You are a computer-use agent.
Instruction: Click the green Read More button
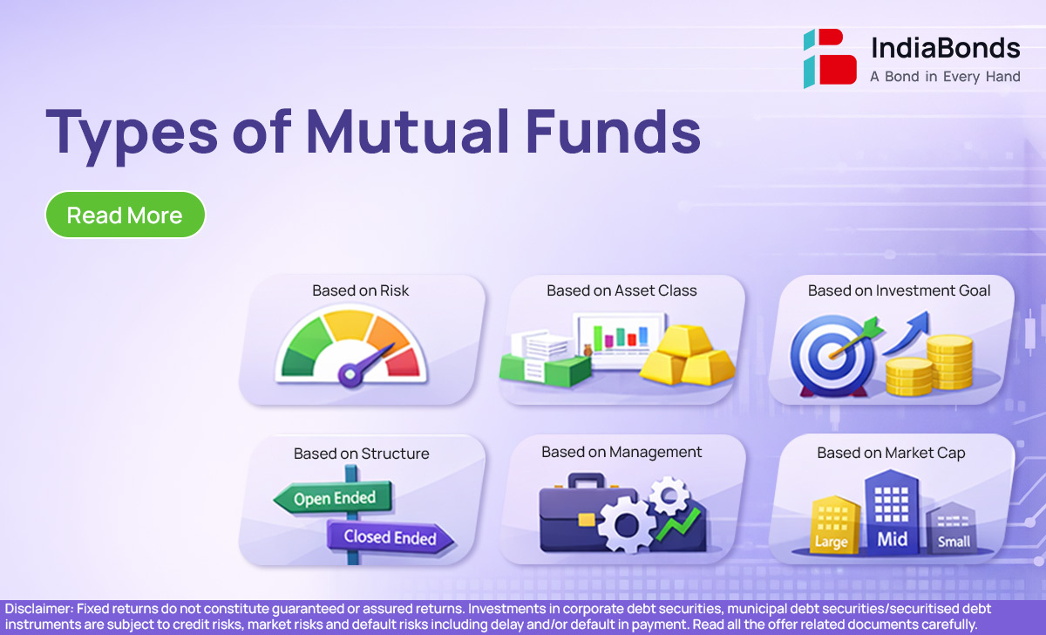click(126, 215)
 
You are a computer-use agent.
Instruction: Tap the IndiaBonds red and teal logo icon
click(830, 58)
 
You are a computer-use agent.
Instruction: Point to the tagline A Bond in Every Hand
click(945, 77)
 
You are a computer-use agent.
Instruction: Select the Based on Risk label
click(361, 290)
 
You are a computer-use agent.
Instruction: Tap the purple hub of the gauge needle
click(350, 374)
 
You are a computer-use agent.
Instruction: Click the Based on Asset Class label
click(621, 290)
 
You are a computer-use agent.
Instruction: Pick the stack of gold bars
click(687, 356)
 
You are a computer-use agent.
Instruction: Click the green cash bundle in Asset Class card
click(545, 370)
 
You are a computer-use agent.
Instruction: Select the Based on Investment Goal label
click(899, 290)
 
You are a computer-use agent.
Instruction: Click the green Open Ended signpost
click(333, 498)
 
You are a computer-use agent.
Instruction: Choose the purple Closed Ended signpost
click(390, 537)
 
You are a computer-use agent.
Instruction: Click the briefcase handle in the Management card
click(587, 481)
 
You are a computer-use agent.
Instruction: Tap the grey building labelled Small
click(952, 529)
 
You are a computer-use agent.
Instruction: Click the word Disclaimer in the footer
click(39, 609)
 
